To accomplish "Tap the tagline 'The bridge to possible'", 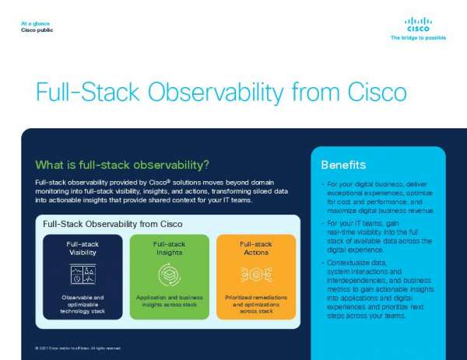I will [x=418, y=37].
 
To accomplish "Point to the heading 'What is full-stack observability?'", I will [x=122, y=165].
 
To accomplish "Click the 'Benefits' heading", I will [x=343, y=165].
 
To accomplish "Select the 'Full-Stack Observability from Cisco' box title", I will [x=113, y=224].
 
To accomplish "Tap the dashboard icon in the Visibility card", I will [x=83, y=274].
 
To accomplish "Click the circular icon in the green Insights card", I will [x=170, y=274].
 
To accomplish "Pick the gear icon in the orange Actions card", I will [x=256, y=274].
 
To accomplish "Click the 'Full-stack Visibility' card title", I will [x=83, y=248].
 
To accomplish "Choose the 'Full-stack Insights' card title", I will [x=170, y=248].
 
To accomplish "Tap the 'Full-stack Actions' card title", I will [x=256, y=248].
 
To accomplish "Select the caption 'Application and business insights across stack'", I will [x=170, y=302].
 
